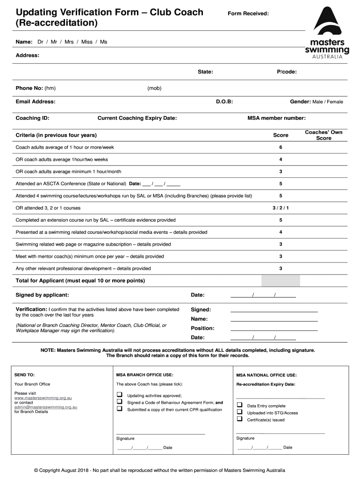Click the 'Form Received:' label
click(248, 14)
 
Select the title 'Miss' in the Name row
click(86, 42)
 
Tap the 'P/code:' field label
click(287, 72)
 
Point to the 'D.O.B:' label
click(224, 102)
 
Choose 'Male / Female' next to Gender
click(327, 102)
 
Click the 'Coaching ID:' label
click(33, 118)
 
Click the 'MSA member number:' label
click(276, 118)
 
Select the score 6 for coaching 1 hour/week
click(281, 147)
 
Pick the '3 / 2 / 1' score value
click(281, 208)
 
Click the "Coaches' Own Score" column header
click(324, 135)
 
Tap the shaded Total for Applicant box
click(281, 281)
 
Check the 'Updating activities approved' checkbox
click(119, 395)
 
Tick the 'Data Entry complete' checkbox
click(239, 405)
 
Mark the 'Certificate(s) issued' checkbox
click(239, 419)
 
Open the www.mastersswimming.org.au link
click(43, 398)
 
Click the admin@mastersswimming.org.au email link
click(45, 407)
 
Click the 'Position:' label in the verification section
click(202, 328)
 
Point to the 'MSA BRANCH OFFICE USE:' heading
click(144, 375)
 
